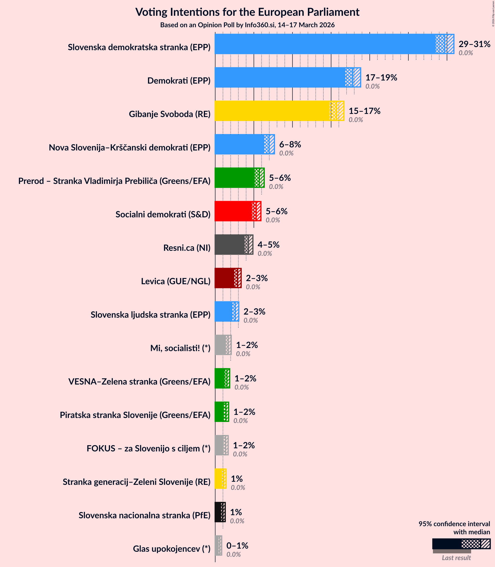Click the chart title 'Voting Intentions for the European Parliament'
(247, 12)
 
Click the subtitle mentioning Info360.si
(247, 25)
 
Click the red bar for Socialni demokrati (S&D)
(233, 211)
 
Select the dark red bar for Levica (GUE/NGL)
(225, 278)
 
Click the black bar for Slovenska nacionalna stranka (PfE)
(218, 512)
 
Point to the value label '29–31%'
(474, 44)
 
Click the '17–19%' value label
(381, 77)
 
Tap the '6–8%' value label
(290, 144)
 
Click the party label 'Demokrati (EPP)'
(179, 81)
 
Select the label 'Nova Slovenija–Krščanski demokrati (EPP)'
(130, 148)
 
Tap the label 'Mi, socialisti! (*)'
(180, 348)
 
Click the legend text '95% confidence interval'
(454, 524)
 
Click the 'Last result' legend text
(456, 558)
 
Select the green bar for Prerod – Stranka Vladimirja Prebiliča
(235, 178)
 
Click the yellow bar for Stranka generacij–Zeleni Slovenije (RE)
(218, 479)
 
